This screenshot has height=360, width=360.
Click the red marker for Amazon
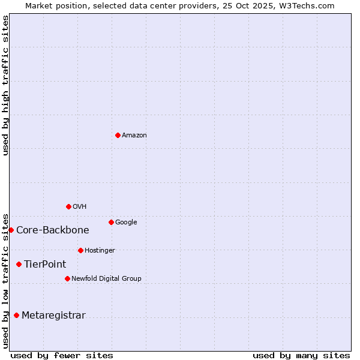click(118, 135)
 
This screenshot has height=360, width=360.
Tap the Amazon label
click(134, 136)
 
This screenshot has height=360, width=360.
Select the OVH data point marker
click(68, 206)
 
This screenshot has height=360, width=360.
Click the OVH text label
click(80, 207)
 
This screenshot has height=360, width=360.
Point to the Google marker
click(111, 222)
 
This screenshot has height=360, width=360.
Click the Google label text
click(126, 223)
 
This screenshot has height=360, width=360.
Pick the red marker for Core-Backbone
click(11, 230)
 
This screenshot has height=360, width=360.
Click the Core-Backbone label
click(53, 230)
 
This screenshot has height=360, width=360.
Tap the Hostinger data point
click(80, 250)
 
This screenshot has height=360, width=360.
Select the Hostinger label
click(100, 251)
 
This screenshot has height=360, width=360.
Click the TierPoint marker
click(19, 264)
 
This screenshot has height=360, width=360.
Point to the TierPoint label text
click(45, 265)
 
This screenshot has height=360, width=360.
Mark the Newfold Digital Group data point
click(67, 278)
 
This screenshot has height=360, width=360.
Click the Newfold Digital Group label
click(106, 279)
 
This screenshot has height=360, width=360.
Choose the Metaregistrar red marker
click(16, 315)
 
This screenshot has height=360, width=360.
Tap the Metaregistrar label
click(53, 316)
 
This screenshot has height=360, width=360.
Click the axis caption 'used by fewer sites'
click(62, 356)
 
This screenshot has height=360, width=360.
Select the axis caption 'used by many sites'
click(301, 356)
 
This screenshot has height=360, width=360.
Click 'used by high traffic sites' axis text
click(5, 85)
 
